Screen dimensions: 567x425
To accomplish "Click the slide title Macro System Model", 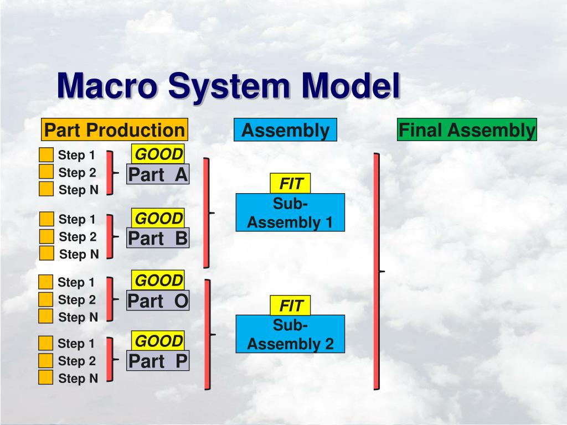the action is (229, 87).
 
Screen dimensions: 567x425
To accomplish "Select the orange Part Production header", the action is (114, 131).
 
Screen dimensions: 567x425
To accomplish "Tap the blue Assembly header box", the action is (285, 131).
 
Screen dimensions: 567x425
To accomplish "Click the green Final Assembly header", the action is (467, 131).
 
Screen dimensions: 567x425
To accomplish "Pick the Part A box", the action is (158, 175).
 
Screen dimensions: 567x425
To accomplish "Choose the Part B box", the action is (158, 238).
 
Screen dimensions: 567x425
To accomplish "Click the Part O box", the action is (158, 301).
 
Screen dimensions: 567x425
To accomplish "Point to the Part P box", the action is (158, 361).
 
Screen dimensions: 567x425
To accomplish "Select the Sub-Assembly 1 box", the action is (290, 213).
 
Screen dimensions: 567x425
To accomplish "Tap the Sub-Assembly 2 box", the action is (290, 335).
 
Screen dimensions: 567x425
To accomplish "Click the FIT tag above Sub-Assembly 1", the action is (290, 183).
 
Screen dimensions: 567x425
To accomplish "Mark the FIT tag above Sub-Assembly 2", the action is (290, 305).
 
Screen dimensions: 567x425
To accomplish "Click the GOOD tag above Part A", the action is (158, 154).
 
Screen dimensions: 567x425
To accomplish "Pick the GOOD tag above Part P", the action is (158, 340).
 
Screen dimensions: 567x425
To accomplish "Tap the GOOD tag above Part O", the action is (158, 281).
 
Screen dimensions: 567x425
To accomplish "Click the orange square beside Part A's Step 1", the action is (47, 155).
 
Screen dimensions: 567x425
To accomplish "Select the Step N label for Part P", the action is (78, 379).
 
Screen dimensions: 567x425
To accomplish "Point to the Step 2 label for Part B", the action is (78, 237).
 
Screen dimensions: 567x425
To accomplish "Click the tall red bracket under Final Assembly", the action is (377, 271).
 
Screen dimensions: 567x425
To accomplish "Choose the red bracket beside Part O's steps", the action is (110, 299).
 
